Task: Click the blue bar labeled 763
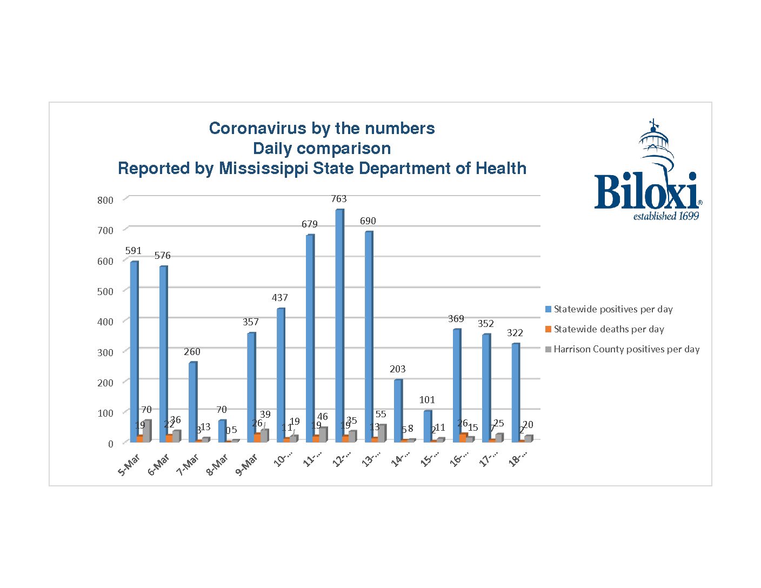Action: coord(339,324)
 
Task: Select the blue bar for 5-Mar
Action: coord(134,351)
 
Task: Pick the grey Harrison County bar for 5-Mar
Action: coord(147,431)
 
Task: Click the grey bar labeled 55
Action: coord(382,433)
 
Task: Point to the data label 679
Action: coord(310,224)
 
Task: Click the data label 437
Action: coord(279,297)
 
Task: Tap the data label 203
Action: coord(397,369)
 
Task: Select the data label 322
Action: coord(515,332)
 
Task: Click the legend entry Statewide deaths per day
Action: coord(609,329)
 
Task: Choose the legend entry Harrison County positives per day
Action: coord(626,349)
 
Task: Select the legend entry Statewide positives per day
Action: coord(613,309)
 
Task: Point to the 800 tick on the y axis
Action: coord(105,200)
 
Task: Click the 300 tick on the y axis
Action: coord(105,352)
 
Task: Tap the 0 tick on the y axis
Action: coord(111,444)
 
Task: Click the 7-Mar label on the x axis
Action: coord(188,465)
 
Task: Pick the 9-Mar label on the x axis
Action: coord(246,465)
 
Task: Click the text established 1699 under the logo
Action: coord(666,216)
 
